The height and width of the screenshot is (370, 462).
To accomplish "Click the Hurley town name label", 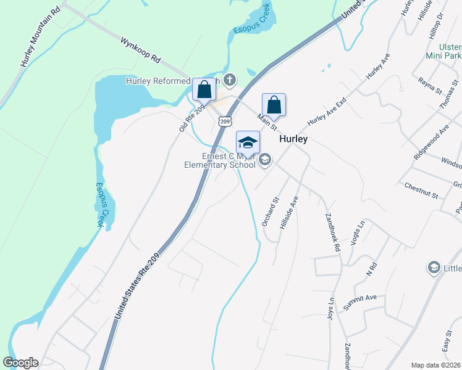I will (x=293, y=139).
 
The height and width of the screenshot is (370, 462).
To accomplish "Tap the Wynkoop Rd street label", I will (x=141, y=52).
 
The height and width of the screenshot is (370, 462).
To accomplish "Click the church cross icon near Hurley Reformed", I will (x=230, y=80).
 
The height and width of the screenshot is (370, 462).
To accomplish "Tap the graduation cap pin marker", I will (x=248, y=142).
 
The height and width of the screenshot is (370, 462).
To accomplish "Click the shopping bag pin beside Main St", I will (x=274, y=104).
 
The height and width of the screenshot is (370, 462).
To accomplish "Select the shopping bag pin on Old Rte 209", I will (x=204, y=89).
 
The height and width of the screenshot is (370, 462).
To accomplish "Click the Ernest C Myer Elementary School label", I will (x=220, y=160).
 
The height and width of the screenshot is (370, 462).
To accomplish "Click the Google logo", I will (x=20, y=363).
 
